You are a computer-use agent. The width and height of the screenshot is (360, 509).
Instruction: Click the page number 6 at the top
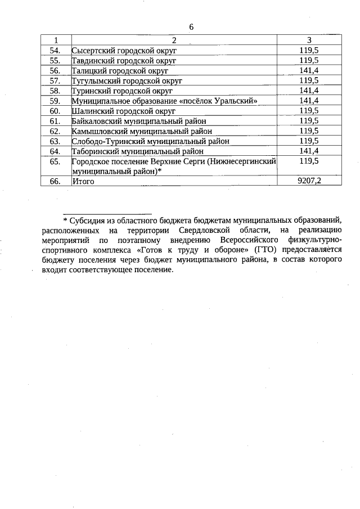point(191,27)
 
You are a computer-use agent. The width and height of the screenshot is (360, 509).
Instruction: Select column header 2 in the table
point(174,40)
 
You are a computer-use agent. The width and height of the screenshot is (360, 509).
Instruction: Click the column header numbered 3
point(309,40)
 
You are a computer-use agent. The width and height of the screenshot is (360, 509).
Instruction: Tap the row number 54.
point(55,50)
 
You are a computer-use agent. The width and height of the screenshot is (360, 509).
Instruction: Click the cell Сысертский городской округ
point(124,50)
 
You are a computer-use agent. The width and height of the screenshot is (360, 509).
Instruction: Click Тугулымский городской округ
point(127,80)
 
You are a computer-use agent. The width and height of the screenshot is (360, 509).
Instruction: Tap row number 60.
point(55,111)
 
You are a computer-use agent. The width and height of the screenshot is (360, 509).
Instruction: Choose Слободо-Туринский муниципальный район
point(150,141)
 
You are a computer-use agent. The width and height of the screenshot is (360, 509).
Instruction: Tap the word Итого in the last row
point(83,182)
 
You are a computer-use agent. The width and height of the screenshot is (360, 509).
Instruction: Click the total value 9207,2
point(309,181)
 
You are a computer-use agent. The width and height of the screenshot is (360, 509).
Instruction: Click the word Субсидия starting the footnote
point(88,220)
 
